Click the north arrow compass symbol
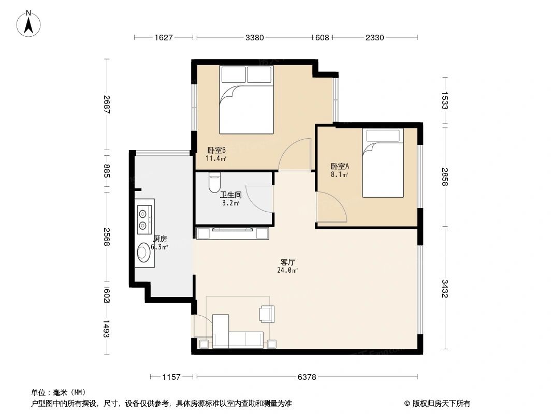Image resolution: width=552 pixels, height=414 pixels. pyautogui.click(x=30, y=23)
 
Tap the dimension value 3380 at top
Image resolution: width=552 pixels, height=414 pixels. pyautogui.click(x=255, y=37)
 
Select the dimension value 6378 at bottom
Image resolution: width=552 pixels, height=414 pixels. pyautogui.click(x=307, y=377)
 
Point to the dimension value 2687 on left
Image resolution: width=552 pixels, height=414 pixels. pyautogui.click(x=106, y=106)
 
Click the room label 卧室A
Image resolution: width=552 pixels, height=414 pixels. pyautogui.click(x=340, y=167)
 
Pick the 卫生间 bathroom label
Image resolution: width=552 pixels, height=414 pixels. pyautogui.click(x=230, y=195)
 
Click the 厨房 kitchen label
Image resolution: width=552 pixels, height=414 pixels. pyautogui.click(x=159, y=239)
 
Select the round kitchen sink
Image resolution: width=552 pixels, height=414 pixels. pyautogui.click(x=143, y=253)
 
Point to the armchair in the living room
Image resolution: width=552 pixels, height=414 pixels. pyautogui.click(x=267, y=314)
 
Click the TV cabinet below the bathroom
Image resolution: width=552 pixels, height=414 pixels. pyautogui.click(x=232, y=233)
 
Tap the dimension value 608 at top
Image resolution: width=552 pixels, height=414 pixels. pyautogui.click(x=322, y=37)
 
